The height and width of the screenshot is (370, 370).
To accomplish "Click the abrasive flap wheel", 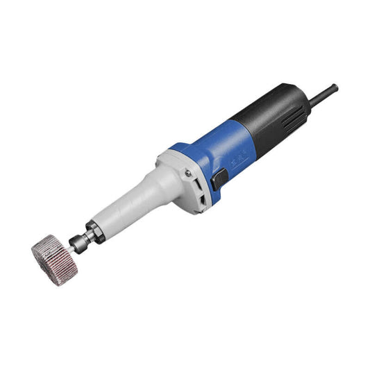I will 49,251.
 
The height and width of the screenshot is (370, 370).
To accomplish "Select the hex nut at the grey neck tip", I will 95,228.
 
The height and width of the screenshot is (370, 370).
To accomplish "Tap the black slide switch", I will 220,179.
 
